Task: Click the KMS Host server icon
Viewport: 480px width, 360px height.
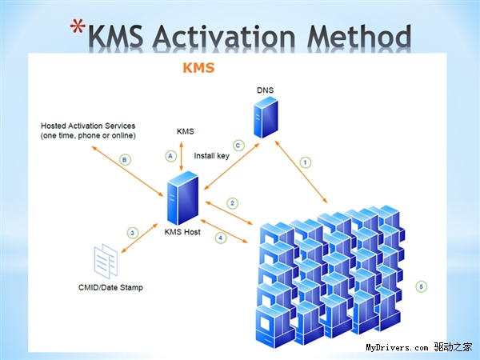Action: click(x=182, y=202)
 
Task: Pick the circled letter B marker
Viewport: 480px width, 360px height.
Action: click(x=124, y=160)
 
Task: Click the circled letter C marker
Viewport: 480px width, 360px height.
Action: click(x=238, y=145)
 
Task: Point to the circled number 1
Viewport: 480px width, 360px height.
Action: click(x=305, y=162)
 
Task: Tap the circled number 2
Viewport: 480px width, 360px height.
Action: click(x=232, y=202)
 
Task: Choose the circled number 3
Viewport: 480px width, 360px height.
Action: click(x=133, y=233)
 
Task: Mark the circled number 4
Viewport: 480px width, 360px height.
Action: click(x=221, y=237)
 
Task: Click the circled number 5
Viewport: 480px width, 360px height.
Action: click(x=422, y=286)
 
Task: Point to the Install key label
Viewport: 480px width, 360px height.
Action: click(x=211, y=155)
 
